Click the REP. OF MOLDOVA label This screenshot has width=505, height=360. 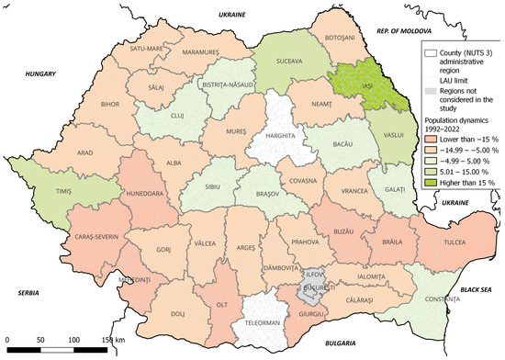coord(389,31)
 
